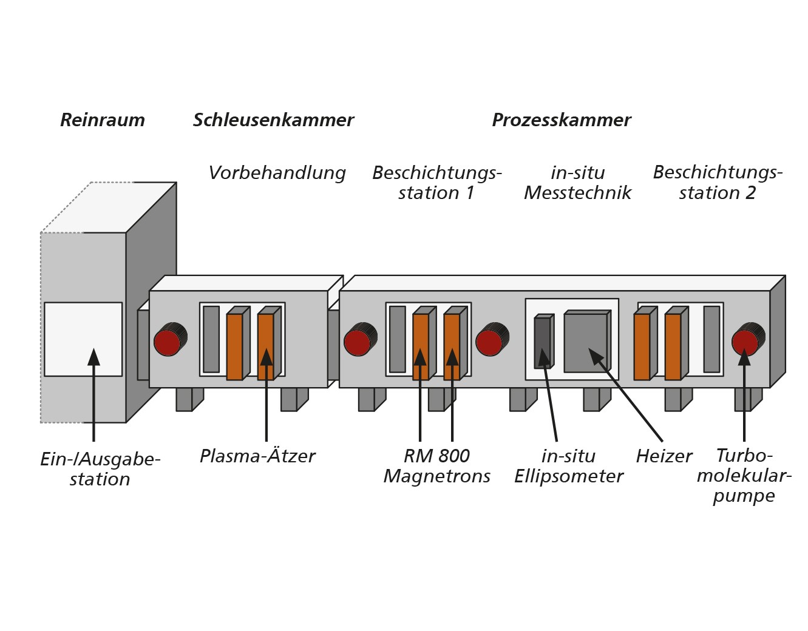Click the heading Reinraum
coord(102,120)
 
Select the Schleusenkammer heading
coord(273,120)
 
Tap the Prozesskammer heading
coord(562,120)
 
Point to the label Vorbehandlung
coord(277,173)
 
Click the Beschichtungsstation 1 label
coord(437,183)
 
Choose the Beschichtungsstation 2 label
coord(718,183)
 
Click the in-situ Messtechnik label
coord(577,183)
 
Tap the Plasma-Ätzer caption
coord(257,456)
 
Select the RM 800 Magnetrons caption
coord(437,466)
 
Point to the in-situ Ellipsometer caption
coord(569,466)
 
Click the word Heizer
coord(664,456)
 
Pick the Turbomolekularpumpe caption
coord(744,476)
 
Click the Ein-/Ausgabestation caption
coord(100,470)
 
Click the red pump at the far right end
coord(748,339)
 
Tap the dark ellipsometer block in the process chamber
coord(544,341)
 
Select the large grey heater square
coord(587,341)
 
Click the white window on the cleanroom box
coord(83,339)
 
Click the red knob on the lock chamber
coord(171,339)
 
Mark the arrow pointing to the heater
coord(625,394)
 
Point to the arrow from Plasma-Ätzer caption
coord(267,394)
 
